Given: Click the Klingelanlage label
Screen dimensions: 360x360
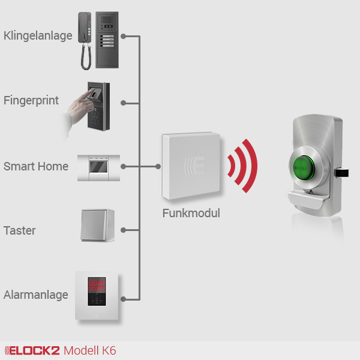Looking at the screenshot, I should (x=38, y=35).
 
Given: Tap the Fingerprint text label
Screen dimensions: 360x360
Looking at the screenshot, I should (x=31, y=100).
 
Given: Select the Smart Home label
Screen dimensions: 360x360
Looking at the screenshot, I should (x=36, y=166).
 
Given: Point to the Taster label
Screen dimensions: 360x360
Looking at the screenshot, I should (x=20, y=230).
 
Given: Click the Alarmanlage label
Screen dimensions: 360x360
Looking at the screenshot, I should (x=35, y=295).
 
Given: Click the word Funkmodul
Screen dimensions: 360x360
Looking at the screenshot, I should (x=191, y=213).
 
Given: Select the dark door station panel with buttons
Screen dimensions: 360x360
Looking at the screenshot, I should (x=108, y=39).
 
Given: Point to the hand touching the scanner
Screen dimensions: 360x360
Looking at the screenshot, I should (x=77, y=111).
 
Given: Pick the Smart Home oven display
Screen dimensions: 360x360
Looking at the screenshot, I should (x=98, y=166).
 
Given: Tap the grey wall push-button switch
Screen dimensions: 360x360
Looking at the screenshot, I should (x=97, y=226).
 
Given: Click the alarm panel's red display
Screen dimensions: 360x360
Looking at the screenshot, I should (x=97, y=286).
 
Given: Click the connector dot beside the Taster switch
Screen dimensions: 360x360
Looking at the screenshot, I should (x=122, y=230).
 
